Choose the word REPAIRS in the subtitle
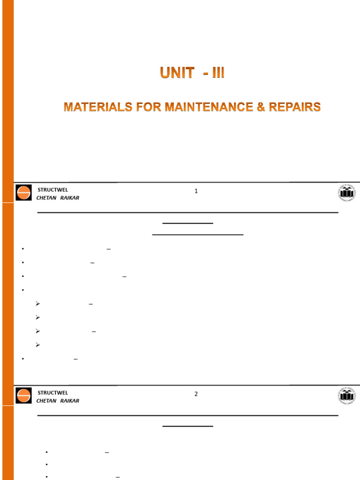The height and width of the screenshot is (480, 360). tap(294, 107)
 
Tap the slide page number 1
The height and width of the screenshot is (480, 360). tap(196, 191)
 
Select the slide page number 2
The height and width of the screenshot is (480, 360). tap(196, 394)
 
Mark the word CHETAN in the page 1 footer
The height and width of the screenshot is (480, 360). tap(46, 198)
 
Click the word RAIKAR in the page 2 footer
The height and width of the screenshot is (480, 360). tap(70, 401)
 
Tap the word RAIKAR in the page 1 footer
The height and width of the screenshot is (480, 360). tap(70, 198)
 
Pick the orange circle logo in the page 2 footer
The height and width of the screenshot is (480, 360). tap(23, 396)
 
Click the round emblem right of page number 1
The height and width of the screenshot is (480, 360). tap(347, 193)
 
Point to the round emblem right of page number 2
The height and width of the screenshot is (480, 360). tap(347, 396)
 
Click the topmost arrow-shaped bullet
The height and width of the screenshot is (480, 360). tap(38, 304)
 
